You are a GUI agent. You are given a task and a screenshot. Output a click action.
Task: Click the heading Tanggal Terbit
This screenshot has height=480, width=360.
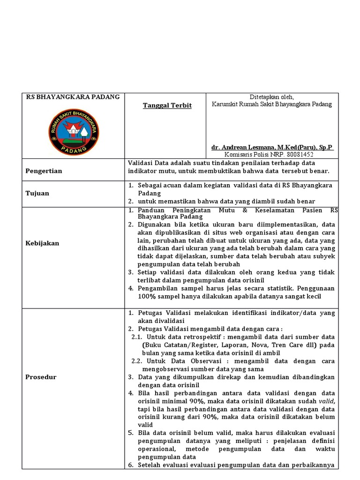pos(167,105)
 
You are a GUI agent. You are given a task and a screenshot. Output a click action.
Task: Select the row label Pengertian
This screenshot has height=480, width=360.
pos(44,171)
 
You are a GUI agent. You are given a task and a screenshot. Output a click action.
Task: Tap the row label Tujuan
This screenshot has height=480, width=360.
pos(37,193)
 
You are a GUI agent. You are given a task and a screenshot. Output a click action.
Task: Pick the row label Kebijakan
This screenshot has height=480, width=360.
pos(42,243)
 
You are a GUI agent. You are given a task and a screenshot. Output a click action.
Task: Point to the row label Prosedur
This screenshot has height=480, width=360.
pos(41,377)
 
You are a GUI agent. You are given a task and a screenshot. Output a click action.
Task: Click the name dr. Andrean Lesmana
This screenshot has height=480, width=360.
pos(248,147)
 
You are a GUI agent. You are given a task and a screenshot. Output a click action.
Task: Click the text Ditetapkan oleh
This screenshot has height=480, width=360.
pos(271,97)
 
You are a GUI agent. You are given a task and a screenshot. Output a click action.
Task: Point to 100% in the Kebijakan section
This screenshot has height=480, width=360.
pos(147,296)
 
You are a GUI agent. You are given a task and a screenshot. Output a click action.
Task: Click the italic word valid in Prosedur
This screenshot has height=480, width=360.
pos(327,402)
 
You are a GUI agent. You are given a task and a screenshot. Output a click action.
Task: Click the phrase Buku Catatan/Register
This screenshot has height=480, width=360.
pos(177,345)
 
